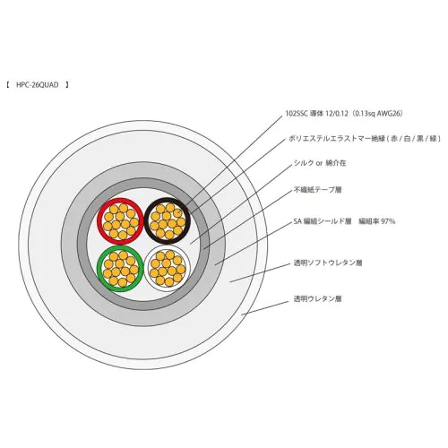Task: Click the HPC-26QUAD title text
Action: (38, 85)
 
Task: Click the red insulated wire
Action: (99, 221)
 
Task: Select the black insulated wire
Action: (146, 220)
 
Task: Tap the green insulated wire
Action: (99, 269)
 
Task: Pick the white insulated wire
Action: (146, 268)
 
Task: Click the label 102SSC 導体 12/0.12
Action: (316, 114)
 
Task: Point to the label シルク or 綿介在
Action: (320, 163)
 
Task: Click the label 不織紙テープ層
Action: (318, 190)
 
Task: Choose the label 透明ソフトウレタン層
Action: (328, 263)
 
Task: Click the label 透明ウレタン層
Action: (318, 298)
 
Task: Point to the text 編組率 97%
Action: (377, 221)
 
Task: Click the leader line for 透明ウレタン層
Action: (265, 308)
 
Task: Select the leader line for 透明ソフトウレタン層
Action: (260, 273)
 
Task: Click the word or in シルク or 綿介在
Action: (320, 164)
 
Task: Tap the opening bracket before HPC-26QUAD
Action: (8, 85)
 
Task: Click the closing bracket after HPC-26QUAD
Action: (67, 85)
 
